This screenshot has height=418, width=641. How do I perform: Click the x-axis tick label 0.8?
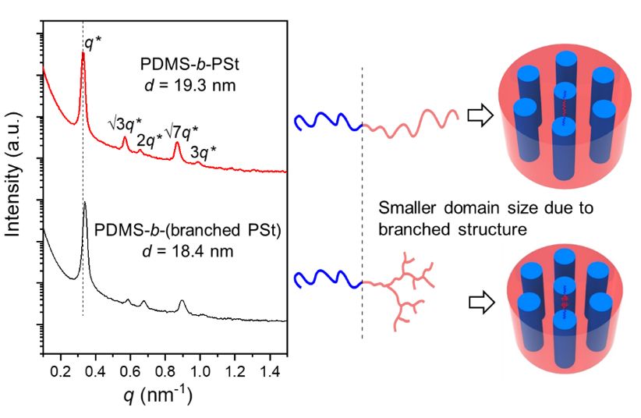[165, 364]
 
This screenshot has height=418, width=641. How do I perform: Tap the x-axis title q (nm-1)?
[159, 395]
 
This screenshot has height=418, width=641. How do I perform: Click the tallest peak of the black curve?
[84, 204]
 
